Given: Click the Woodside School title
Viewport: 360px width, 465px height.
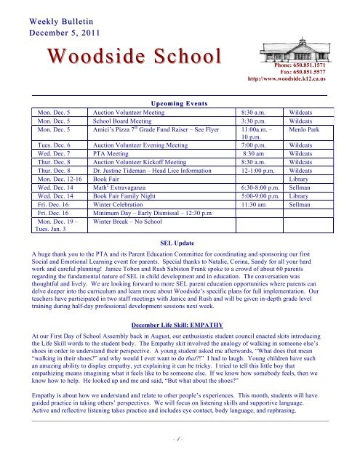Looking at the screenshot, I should click(121, 57).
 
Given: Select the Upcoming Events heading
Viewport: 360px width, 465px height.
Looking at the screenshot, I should click(180, 105).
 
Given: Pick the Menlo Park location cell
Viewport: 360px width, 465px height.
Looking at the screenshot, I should click(308, 132).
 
